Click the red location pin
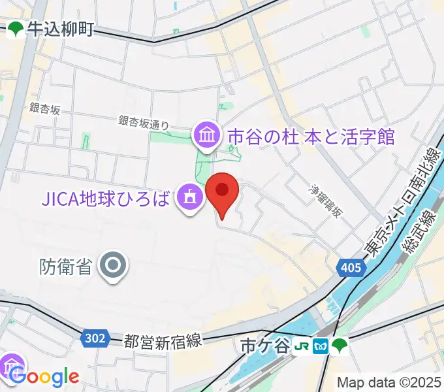tap(222, 191)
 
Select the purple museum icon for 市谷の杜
tap(208, 137)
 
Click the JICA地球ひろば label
tap(109, 196)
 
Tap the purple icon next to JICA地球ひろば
tap(190, 197)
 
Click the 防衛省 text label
tap(65, 266)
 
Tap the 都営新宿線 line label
tap(164, 340)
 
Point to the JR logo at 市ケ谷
tap(301, 345)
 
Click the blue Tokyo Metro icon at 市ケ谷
tap(320, 345)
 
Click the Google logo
tap(44, 377)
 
